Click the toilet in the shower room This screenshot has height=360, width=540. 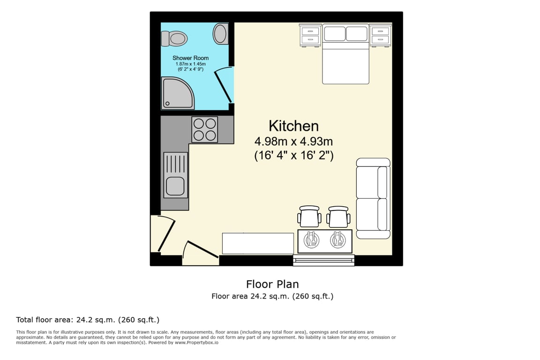pos(174,38)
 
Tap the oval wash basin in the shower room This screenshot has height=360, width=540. pos(220,33)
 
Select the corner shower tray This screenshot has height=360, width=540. pos(178,93)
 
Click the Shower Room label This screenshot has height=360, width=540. pos(190,58)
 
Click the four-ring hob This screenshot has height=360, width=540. pos(204,129)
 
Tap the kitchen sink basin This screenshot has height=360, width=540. pos(175,187)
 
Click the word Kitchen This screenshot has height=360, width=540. pos(294,126)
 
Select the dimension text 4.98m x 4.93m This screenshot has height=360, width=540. pos(294,141)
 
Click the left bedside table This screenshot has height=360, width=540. pos(310,35)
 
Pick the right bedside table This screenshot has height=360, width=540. pos(381,35)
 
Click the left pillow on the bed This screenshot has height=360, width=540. pos(334,34)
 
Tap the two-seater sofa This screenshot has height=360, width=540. pos(373,198)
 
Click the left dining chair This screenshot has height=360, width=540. pos(309,217)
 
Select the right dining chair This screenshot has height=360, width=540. pos(338,217)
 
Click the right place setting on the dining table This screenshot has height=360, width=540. pos(338,240)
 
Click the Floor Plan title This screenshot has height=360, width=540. pos(272,284)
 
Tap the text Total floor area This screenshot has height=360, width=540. pos(44,320)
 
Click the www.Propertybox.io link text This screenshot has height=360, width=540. pos(196,343)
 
